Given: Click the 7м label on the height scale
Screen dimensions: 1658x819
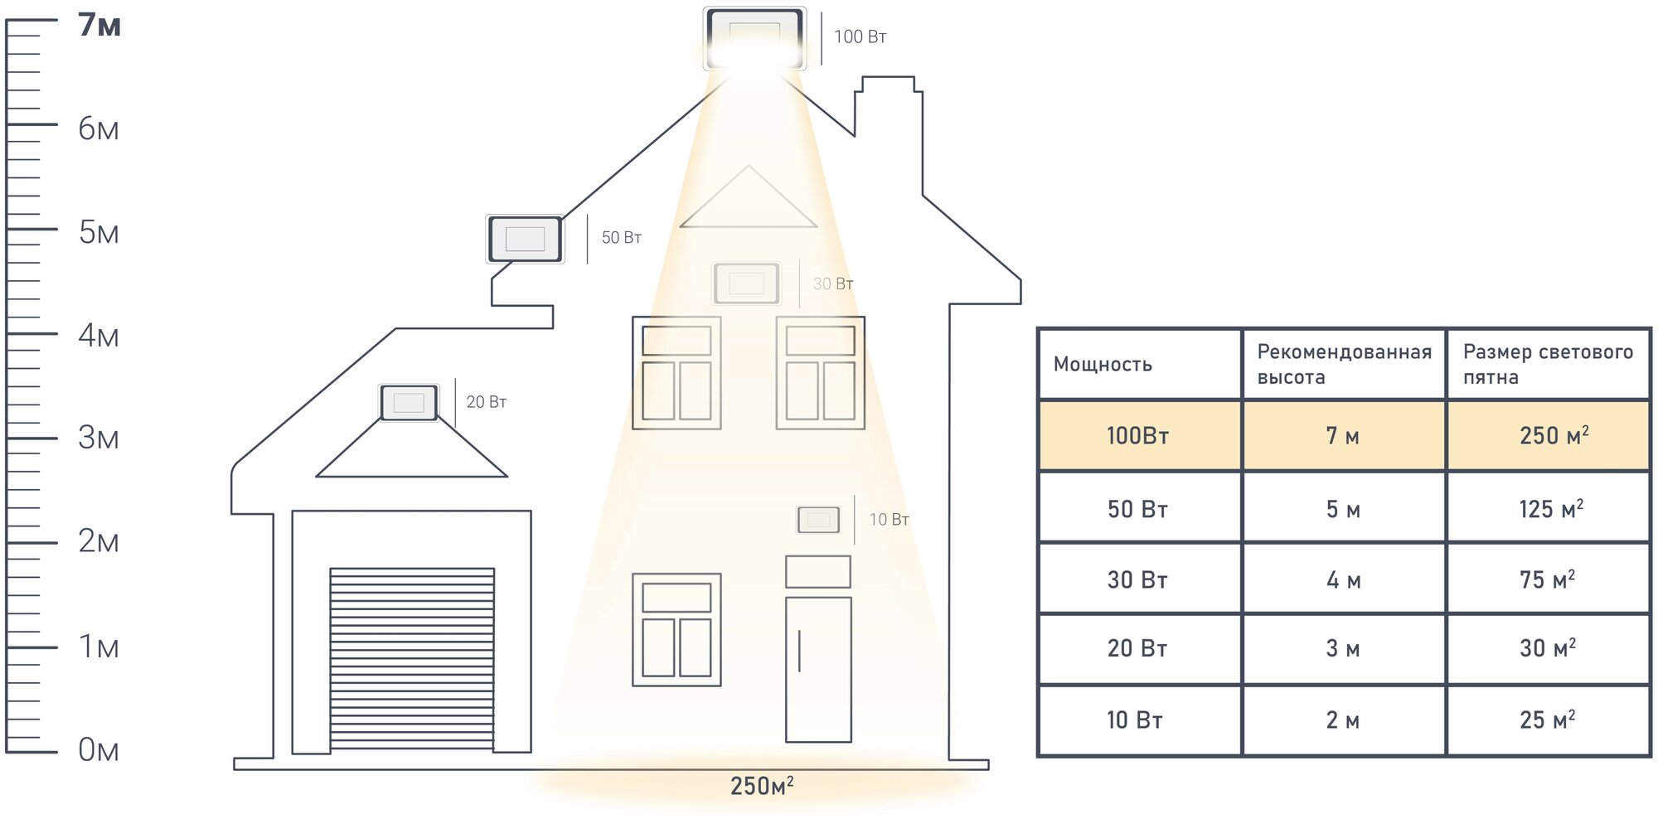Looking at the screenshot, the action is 99,25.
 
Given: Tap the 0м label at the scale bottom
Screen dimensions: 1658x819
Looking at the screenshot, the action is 98,750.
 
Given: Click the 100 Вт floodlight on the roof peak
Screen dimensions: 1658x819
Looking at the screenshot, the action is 754,38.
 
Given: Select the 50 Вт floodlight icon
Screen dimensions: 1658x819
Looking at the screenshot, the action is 525,239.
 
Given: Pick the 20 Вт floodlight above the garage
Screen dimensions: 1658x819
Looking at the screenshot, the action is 409,403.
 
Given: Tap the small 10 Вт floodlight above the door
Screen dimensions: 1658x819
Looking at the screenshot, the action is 818,520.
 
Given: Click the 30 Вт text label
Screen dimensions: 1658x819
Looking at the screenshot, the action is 832,283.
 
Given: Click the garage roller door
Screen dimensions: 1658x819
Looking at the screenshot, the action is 412,659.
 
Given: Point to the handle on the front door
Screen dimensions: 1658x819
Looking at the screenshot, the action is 799,651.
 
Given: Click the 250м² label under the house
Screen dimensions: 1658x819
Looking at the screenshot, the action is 761,786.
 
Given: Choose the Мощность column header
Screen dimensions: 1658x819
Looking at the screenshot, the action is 1103,365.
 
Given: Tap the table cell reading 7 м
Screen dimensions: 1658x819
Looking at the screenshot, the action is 1343,436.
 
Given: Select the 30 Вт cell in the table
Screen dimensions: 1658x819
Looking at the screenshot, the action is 1137,580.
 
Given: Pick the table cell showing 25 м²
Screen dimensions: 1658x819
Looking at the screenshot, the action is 1547,720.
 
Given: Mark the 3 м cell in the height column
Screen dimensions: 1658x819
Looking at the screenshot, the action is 1343,648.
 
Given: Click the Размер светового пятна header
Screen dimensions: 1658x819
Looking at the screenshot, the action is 1548,365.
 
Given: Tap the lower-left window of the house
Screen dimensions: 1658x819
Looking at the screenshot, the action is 676,630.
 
